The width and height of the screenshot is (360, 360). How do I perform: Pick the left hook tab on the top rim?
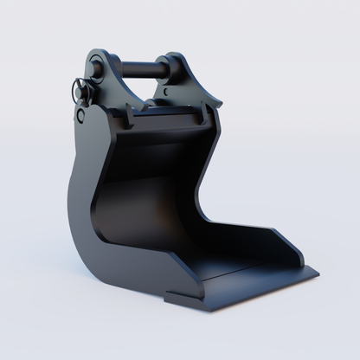128,113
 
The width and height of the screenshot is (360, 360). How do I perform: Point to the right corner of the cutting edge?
317,273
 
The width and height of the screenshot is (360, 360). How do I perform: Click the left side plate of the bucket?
87,199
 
